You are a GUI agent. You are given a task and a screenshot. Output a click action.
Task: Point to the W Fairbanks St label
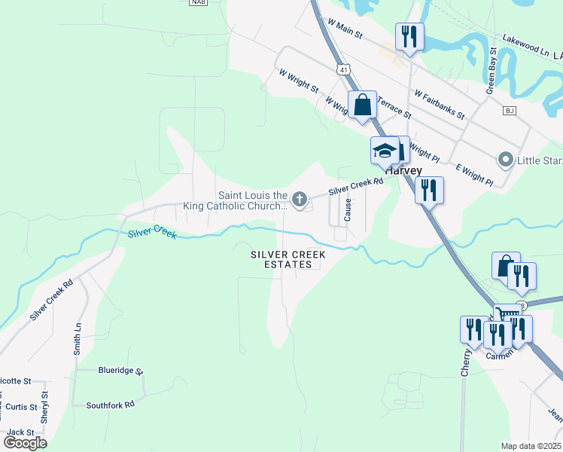440,105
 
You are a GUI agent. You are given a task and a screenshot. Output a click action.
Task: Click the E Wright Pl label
473,174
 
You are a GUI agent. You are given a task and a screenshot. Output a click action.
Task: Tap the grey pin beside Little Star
505,160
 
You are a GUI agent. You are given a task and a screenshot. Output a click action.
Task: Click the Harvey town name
404,170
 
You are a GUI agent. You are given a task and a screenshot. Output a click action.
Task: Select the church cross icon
300,200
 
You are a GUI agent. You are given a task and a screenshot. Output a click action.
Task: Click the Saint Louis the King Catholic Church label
253,200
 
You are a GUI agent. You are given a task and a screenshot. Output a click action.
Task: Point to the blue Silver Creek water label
152,234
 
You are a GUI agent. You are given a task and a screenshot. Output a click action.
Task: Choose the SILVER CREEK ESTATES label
288,260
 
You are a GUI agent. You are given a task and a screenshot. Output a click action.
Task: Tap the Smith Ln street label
78,339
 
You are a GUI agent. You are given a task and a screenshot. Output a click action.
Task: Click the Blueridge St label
120,371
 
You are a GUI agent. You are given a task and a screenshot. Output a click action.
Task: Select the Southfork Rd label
110,405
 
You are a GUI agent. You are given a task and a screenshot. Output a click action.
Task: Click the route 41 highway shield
344,69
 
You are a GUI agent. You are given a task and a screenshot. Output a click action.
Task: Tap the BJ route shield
510,111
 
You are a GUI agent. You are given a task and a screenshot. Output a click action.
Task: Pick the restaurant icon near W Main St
409,35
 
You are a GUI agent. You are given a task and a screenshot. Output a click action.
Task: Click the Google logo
25,443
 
